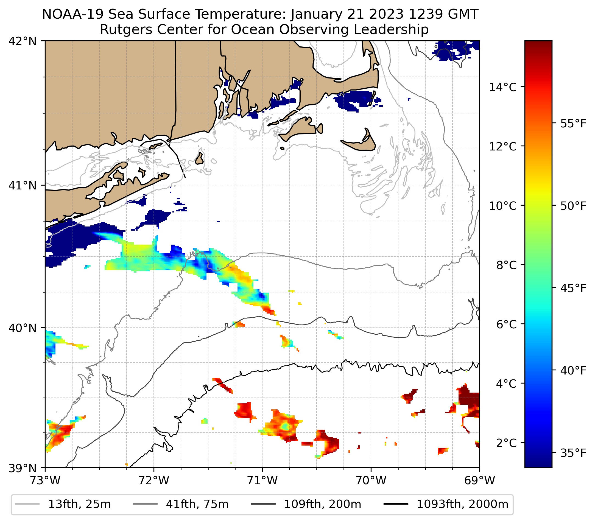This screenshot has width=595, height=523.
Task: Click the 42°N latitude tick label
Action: pyautogui.click(x=23, y=41)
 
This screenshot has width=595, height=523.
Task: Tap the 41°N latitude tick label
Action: pyautogui.click(x=23, y=185)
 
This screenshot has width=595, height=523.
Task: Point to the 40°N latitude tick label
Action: pyautogui.click(x=23, y=328)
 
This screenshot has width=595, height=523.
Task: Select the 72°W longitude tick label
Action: pyautogui.click(x=154, y=480)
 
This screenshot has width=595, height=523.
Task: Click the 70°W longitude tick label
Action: pyautogui.click(x=371, y=480)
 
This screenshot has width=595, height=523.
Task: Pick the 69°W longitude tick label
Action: pyautogui.click(x=479, y=480)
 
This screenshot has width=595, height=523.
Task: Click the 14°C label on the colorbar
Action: pyautogui.click(x=503, y=87)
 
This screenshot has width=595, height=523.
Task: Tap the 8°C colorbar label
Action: pyautogui.click(x=507, y=265)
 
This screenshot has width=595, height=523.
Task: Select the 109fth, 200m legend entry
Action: pyautogui.click(x=322, y=504)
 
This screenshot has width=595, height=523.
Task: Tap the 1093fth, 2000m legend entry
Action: pyautogui.click(x=462, y=504)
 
